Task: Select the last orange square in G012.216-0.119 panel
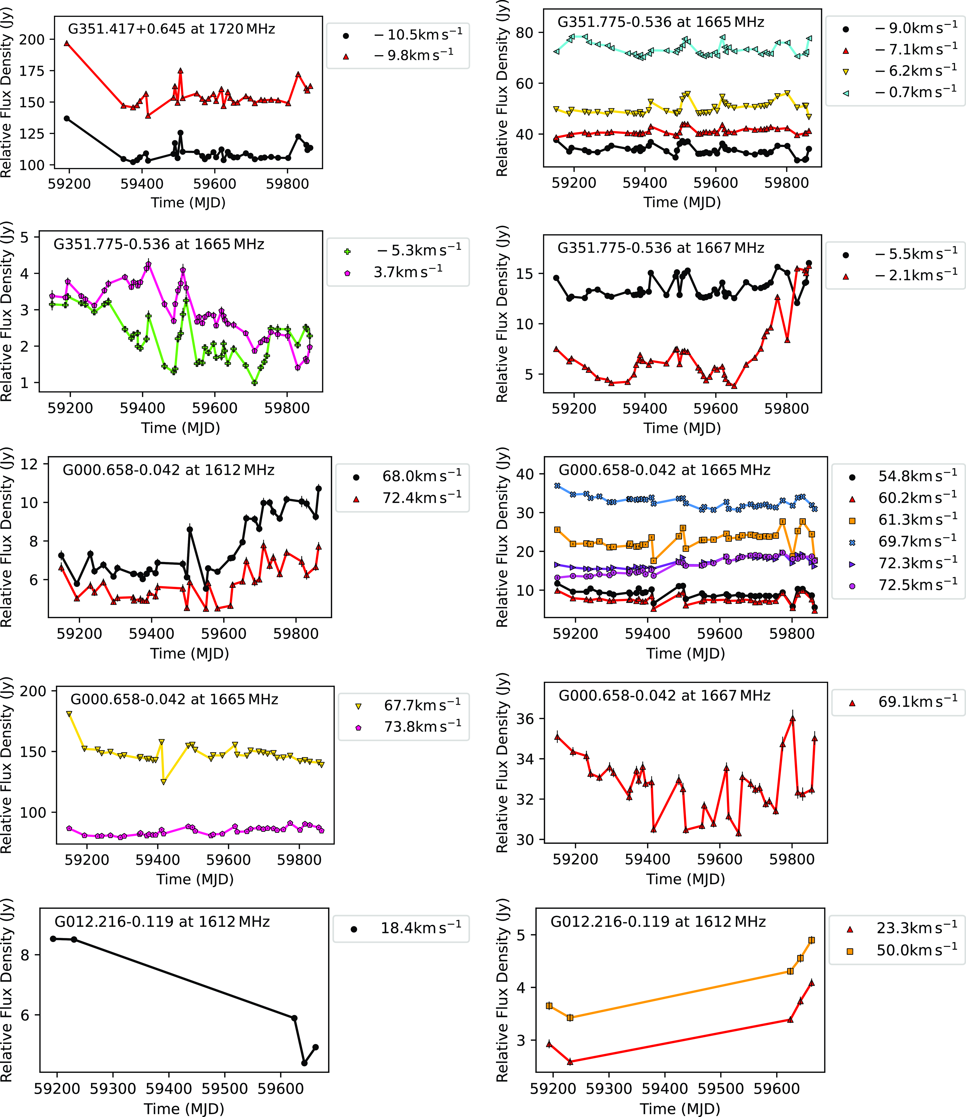(x=812, y=940)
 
